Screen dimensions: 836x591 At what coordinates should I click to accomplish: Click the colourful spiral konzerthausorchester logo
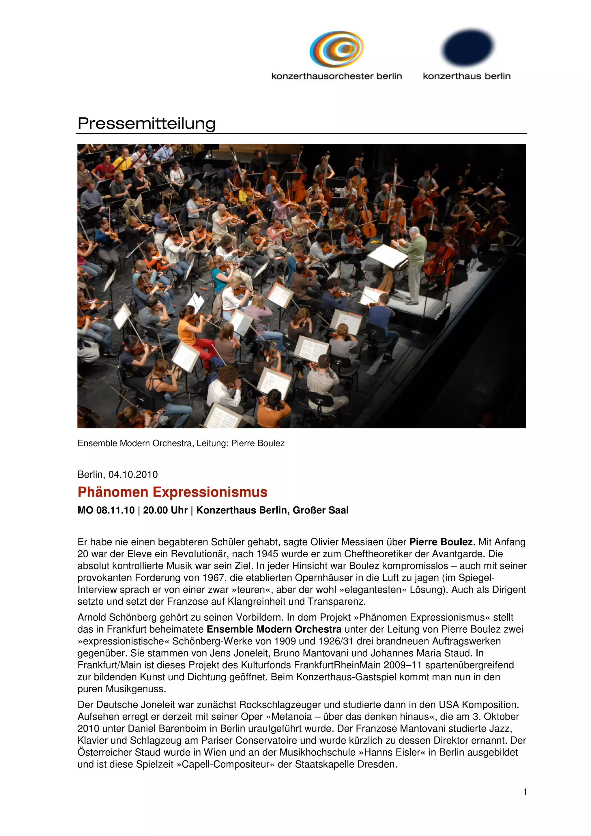click(336, 49)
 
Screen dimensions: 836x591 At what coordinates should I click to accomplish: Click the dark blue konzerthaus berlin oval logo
click(467, 47)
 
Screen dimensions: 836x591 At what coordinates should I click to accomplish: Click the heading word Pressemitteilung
click(146, 123)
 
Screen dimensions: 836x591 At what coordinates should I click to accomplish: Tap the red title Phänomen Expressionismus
click(173, 492)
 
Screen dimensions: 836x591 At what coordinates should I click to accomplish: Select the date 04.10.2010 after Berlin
click(133, 475)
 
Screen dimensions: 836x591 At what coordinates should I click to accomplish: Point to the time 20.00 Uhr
click(165, 510)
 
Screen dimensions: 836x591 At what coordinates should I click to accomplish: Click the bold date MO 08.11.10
click(106, 510)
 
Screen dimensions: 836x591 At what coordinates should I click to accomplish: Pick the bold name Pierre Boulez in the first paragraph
click(441, 542)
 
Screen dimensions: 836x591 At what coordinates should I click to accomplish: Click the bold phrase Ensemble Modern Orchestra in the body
click(274, 629)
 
